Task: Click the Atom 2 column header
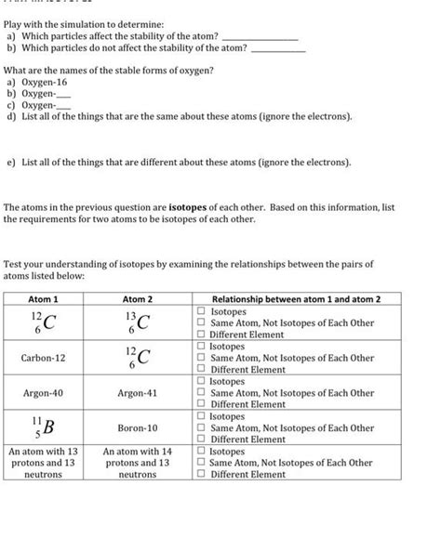pyautogui.click(x=137, y=299)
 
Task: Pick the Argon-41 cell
pyautogui.click(x=137, y=393)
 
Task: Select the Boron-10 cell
pyautogui.click(x=137, y=427)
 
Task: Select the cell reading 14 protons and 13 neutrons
pyautogui.click(x=137, y=462)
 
